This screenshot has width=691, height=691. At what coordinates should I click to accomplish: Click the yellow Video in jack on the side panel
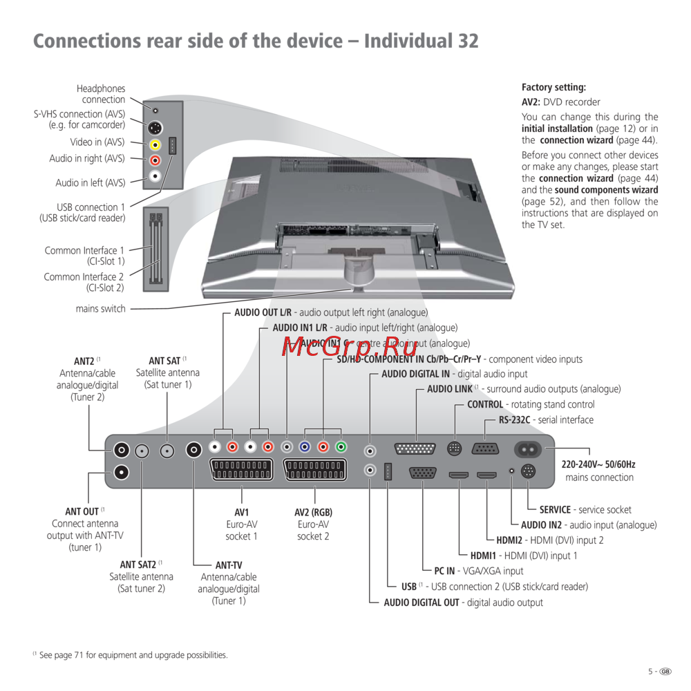(x=155, y=145)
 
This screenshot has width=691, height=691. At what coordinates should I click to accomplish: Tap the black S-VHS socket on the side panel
(x=155, y=128)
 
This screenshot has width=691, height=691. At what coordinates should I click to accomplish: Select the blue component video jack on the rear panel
(x=305, y=447)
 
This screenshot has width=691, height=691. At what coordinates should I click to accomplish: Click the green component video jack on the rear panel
(x=340, y=447)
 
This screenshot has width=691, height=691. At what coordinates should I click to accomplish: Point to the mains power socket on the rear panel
(x=534, y=450)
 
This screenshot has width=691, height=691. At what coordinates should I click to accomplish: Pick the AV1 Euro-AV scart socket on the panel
(x=241, y=470)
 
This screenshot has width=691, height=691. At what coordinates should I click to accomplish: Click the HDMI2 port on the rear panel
(x=487, y=475)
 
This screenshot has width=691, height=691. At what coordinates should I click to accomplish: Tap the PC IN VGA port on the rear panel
(x=422, y=473)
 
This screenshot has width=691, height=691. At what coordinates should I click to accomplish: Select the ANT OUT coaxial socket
(x=122, y=472)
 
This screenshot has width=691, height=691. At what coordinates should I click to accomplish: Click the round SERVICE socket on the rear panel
(x=529, y=473)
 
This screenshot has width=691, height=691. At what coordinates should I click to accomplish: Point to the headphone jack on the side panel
(x=155, y=110)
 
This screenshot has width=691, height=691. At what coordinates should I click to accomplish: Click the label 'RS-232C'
(x=514, y=420)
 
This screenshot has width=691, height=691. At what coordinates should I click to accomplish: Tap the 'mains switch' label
(x=101, y=309)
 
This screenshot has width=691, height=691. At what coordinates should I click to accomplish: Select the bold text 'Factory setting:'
(x=553, y=88)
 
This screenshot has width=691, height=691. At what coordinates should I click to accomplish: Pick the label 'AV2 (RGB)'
(x=313, y=513)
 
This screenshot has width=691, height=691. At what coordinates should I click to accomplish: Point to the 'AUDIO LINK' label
(x=450, y=389)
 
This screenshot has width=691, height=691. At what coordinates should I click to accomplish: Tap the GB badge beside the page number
(x=665, y=671)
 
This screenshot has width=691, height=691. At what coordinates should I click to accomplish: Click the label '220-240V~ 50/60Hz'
(x=599, y=465)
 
